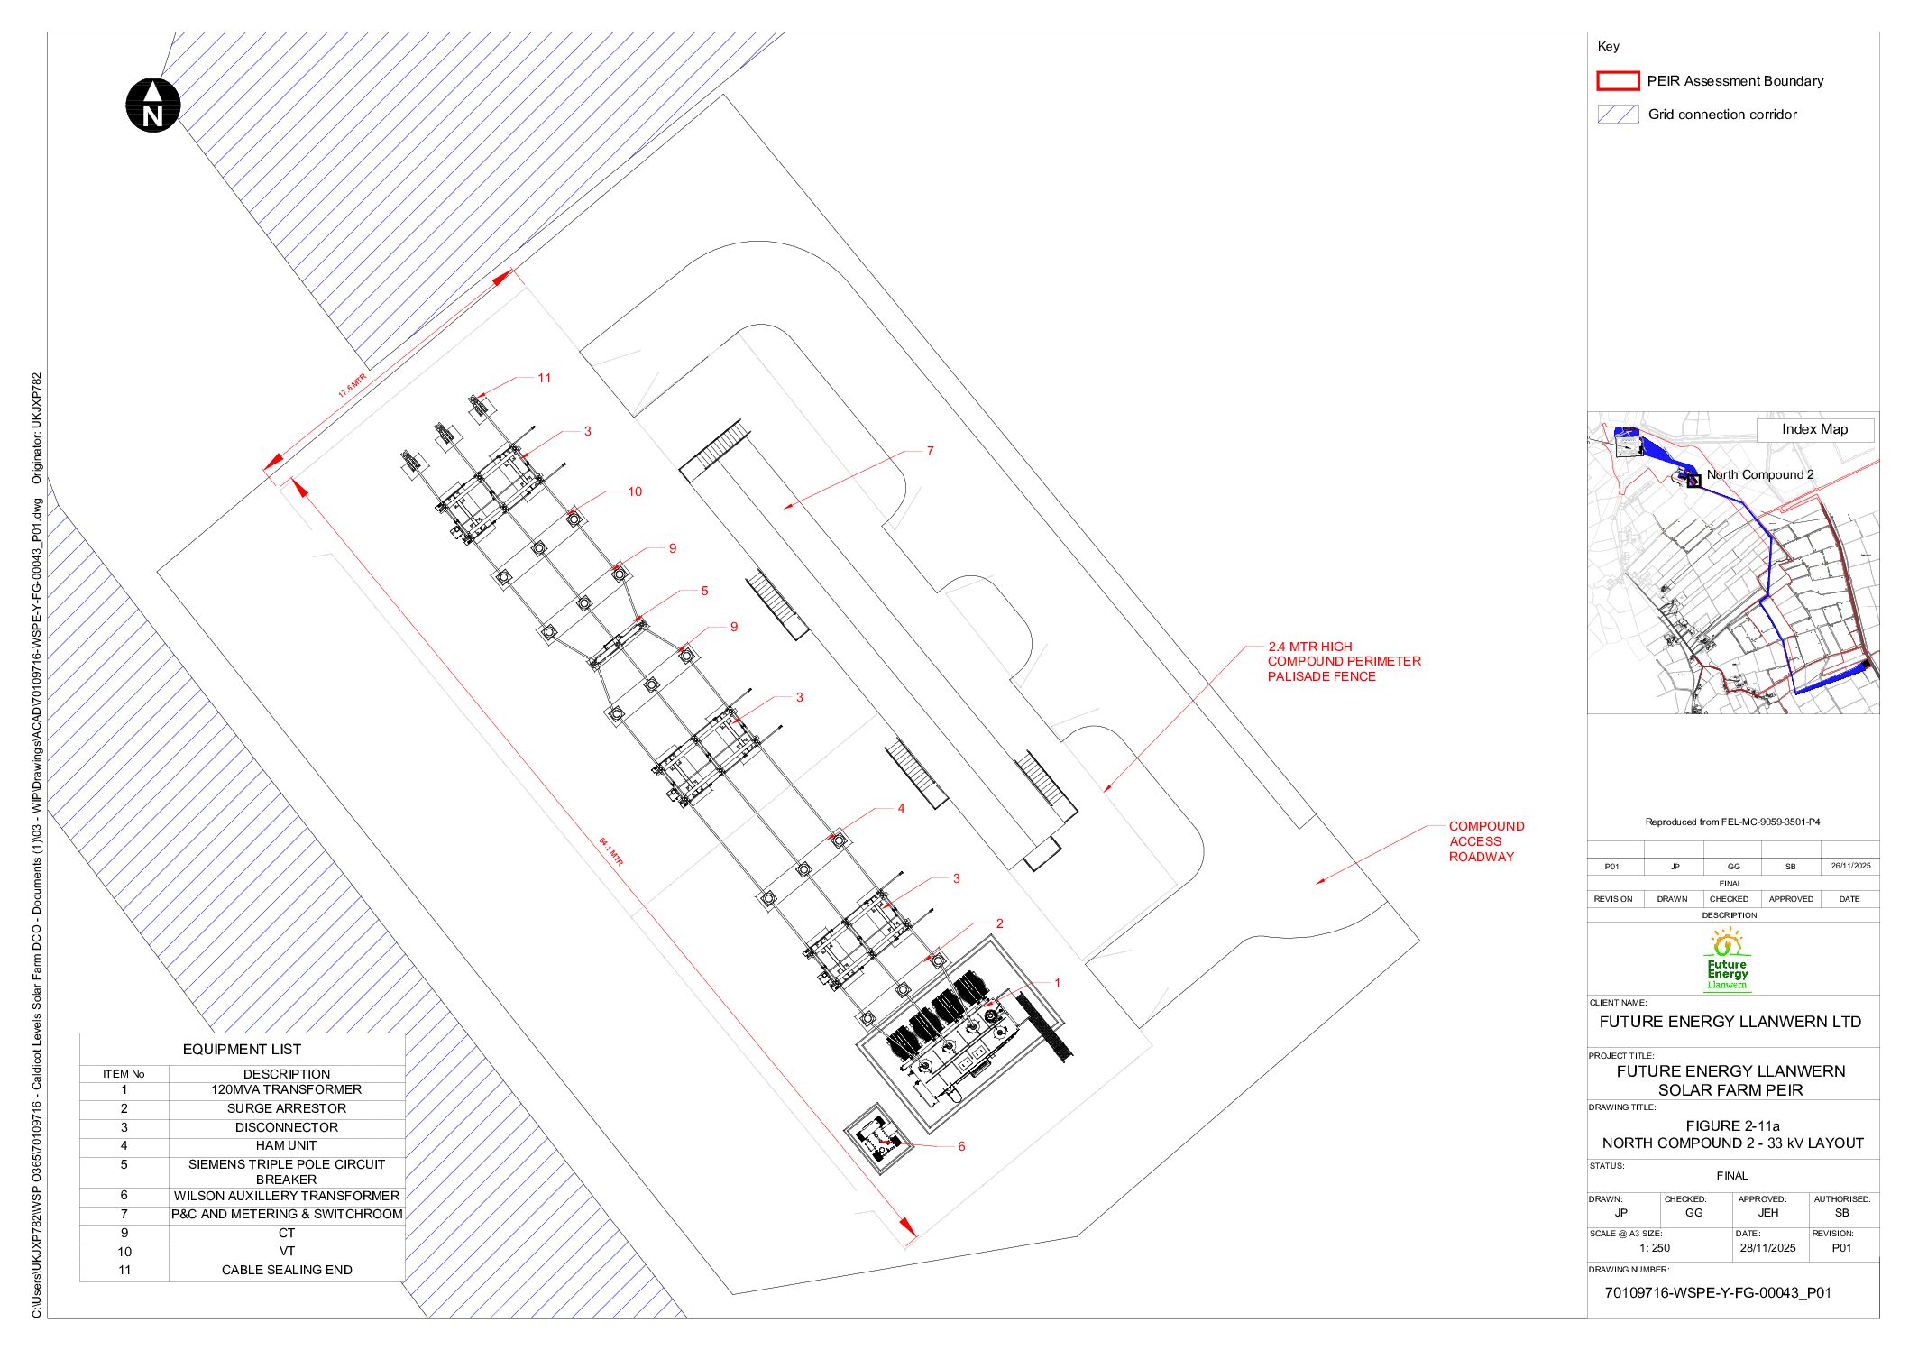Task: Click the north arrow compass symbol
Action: click(152, 106)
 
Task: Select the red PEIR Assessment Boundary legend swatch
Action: click(1617, 81)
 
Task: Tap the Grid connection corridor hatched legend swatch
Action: click(1617, 115)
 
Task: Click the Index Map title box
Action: click(1813, 429)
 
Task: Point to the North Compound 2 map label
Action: click(1759, 474)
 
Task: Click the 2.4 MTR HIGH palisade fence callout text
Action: click(1343, 661)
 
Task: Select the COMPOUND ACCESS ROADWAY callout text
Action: click(1485, 841)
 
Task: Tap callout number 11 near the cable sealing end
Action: click(544, 378)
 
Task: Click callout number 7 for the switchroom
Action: click(930, 451)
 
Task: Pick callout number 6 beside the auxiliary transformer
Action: click(960, 1146)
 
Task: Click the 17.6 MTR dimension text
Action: click(352, 385)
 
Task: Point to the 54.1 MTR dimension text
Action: click(610, 851)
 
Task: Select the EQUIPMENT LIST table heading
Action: click(242, 1049)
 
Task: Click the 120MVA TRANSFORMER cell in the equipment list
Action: click(286, 1089)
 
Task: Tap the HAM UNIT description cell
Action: click(286, 1145)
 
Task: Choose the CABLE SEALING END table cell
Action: click(286, 1270)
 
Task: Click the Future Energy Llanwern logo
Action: click(1727, 961)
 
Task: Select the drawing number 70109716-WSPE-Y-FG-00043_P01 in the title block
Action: click(1717, 1292)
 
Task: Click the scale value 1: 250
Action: click(1654, 1248)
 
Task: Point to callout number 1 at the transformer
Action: click(1057, 983)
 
